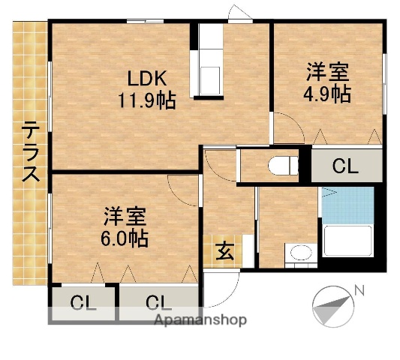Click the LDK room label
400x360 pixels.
coord(146,78)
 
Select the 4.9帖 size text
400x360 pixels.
coord(326,94)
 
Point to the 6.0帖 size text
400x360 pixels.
coord(125,238)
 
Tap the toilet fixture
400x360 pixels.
coord(284,165)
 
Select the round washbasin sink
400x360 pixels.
coord(300,253)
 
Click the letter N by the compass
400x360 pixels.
coord(359,290)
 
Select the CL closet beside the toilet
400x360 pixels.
coord(345,166)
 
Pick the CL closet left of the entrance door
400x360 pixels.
coord(158,303)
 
